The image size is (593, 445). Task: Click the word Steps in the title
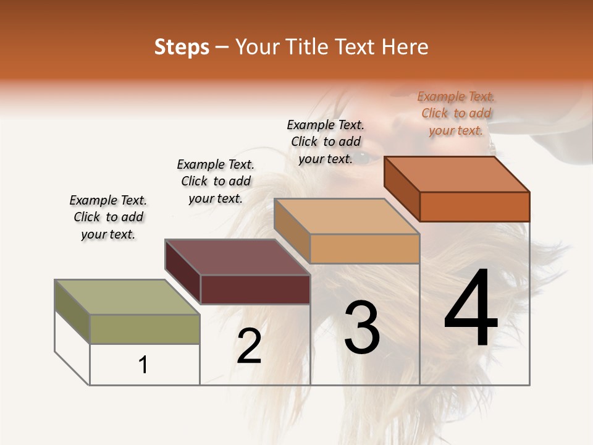(182, 47)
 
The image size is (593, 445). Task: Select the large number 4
(471, 309)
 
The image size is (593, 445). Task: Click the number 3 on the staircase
(361, 328)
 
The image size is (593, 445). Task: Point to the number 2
(249, 346)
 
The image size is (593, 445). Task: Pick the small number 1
(143, 365)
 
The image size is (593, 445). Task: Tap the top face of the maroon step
(237, 256)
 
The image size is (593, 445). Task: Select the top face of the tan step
(347, 216)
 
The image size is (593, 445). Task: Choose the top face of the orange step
(457, 174)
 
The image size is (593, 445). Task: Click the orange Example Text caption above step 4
(456, 114)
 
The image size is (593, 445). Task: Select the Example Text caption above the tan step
(326, 142)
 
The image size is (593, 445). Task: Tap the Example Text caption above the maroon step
(216, 181)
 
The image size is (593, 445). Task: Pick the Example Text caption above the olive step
(108, 217)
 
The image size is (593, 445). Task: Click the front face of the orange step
(474, 206)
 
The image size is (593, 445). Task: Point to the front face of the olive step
(145, 329)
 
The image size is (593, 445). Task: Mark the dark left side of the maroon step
(183, 272)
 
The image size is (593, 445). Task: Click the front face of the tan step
(364, 248)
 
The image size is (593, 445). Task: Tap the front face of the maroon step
(254, 289)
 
